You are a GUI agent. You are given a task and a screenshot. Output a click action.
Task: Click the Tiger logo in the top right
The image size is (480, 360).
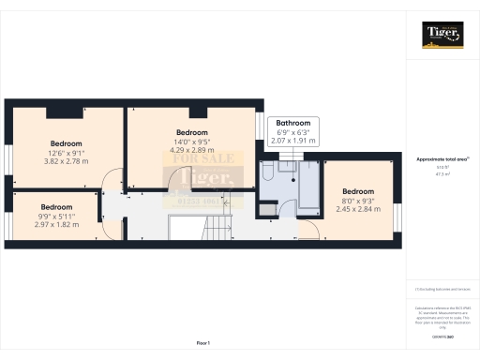click(x=442, y=36)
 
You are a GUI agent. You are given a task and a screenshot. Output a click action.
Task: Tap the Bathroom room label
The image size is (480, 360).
click(x=292, y=124)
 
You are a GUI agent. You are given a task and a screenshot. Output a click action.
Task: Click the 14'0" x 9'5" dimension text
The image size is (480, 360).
click(x=191, y=142)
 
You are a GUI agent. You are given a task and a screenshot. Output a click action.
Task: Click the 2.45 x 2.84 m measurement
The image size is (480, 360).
click(x=356, y=210)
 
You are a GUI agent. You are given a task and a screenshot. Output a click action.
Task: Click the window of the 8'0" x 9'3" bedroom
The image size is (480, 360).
click(x=397, y=217)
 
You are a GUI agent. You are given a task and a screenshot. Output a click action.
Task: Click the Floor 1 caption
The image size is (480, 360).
click(x=202, y=344)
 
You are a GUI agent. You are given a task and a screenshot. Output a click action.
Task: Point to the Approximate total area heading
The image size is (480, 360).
click(x=442, y=159)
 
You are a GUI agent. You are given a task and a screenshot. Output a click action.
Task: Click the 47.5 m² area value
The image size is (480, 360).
click(x=442, y=173)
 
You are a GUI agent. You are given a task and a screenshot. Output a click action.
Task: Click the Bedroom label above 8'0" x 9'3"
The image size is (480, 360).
click(x=356, y=190)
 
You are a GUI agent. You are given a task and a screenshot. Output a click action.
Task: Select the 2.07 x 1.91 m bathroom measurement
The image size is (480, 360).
click(x=292, y=140)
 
